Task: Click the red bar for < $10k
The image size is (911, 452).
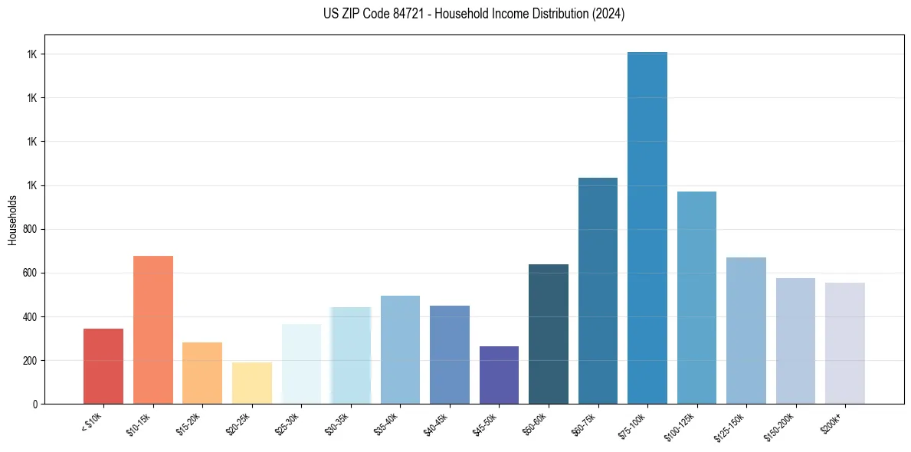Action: (x=103, y=366)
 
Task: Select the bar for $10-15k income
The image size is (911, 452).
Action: (x=153, y=329)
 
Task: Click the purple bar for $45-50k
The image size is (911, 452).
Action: (x=499, y=375)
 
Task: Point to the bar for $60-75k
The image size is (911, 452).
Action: (x=598, y=290)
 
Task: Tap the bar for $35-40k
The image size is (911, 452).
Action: (x=400, y=349)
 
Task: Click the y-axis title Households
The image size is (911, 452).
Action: (x=13, y=220)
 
